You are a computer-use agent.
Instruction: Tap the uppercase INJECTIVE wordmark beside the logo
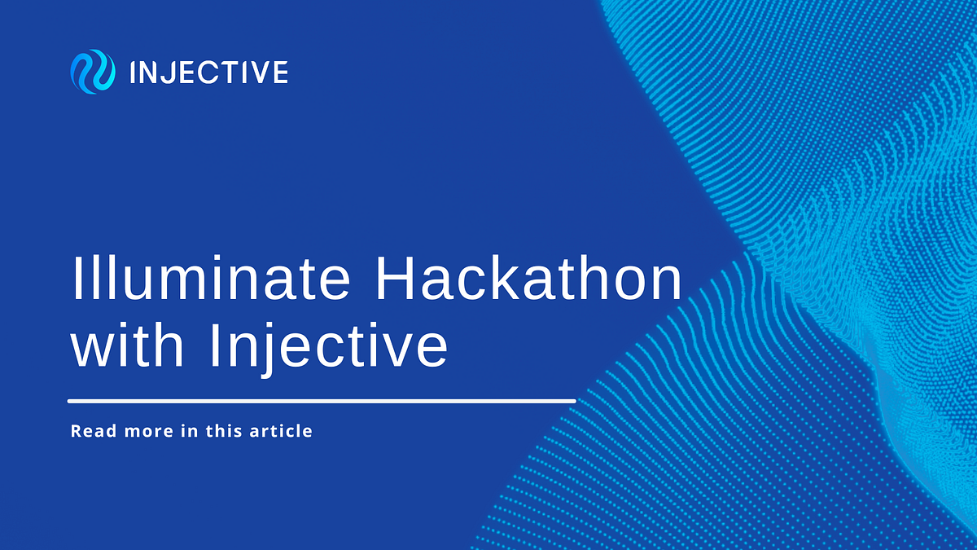click(208, 73)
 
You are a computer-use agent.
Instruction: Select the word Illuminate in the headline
click(212, 279)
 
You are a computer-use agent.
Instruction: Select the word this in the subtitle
click(224, 430)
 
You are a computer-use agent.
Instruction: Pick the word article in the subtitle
click(282, 430)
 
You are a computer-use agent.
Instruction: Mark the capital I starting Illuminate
click(77, 279)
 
